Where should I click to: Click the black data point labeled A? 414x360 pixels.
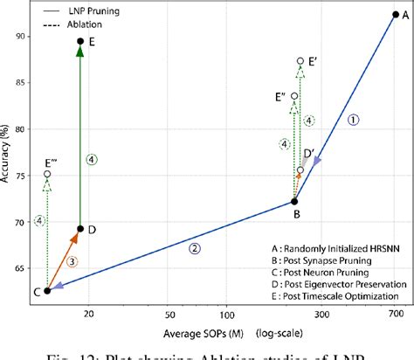[x=395, y=14]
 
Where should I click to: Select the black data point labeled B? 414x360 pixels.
[x=293, y=202]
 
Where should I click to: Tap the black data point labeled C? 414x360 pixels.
[x=47, y=291]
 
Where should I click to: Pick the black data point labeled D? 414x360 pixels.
[x=80, y=229]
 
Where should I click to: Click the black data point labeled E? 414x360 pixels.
[x=80, y=41]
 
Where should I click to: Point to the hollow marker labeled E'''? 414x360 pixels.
[x=47, y=174]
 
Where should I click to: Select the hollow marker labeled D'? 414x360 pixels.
[x=300, y=170]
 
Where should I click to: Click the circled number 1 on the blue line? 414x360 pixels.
[x=353, y=121]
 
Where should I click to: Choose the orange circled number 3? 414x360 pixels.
[x=72, y=261]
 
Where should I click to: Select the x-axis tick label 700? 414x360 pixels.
[x=395, y=312]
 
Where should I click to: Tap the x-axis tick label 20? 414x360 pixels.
[x=88, y=312]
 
